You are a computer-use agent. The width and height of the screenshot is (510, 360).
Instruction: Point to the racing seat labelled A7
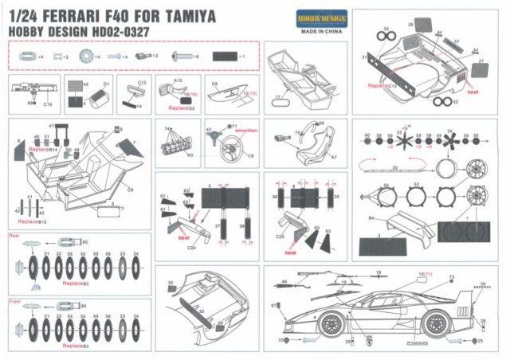[x=312, y=140]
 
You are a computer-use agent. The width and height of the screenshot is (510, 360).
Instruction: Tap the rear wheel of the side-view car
[x=435, y=322]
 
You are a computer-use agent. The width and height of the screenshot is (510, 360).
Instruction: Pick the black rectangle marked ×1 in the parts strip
[x=225, y=57]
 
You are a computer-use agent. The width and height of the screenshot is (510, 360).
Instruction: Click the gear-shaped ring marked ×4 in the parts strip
[x=85, y=57]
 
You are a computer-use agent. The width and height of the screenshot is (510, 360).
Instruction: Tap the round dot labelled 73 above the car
[x=452, y=286]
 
